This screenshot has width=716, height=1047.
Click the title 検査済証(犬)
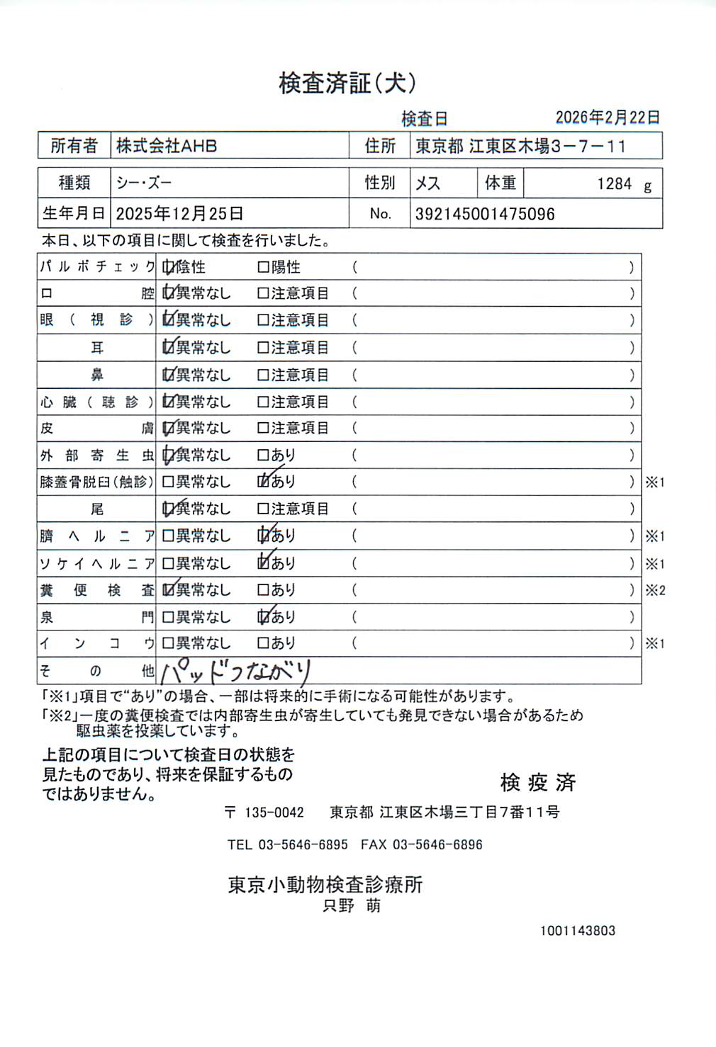tap(347, 84)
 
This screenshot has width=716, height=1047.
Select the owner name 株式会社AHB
tap(167, 146)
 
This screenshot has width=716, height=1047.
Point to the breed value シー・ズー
tap(144, 183)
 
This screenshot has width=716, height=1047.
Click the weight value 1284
tap(614, 184)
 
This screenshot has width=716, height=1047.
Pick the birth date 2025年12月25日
tap(179, 213)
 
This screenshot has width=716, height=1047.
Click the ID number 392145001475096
tap(485, 214)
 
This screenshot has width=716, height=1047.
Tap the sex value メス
tap(427, 183)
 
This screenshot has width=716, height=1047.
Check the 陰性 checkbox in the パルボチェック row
tap(168, 267)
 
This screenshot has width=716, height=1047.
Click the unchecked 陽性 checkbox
tap(263, 267)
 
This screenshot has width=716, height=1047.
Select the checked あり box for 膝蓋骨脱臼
tap(264, 482)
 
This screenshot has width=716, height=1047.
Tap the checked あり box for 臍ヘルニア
tap(264, 536)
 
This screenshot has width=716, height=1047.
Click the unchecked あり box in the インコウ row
tap(263, 643)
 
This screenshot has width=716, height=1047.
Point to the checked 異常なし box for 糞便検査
tap(168, 589)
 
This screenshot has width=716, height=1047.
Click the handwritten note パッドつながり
tap(236, 670)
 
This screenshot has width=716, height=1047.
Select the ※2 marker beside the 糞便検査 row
tap(655, 590)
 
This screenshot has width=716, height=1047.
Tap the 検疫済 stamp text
tap(537, 782)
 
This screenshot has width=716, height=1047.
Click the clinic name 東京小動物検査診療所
tap(325, 884)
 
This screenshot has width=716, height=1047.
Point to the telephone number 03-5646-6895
tap(303, 844)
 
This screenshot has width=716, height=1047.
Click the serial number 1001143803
tap(577, 931)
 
